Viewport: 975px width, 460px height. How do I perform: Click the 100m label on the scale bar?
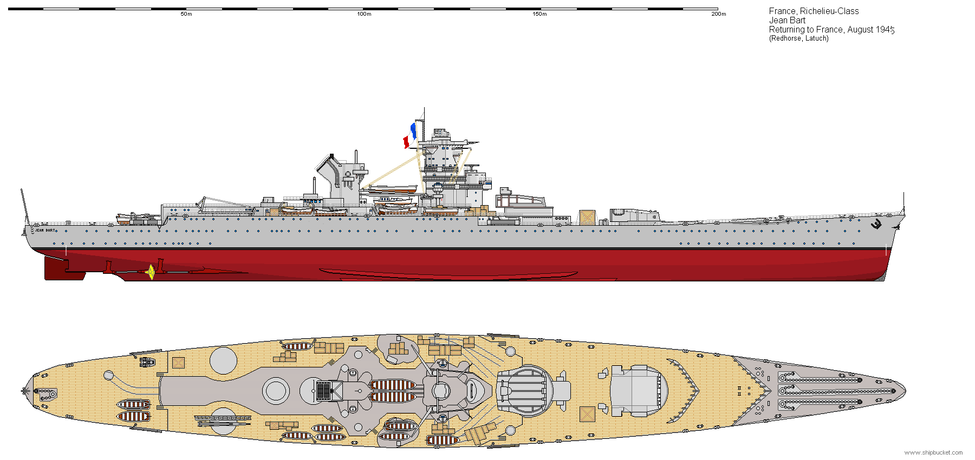click(x=364, y=14)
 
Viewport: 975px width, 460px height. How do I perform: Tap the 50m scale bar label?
click(x=186, y=14)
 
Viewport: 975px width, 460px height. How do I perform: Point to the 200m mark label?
click(x=719, y=14)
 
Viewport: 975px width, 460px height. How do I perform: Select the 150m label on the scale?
click(x=540, y=14)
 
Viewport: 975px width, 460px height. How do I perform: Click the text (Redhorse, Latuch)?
click(x=799, y=38)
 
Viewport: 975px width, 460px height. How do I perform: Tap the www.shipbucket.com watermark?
click(x=934, y=452)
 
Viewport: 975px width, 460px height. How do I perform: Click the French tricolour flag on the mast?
click(x=409, y=135)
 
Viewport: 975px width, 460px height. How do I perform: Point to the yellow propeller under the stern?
click(x=151, y=272)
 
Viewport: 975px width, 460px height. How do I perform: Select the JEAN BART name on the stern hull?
click(x=45, y=231)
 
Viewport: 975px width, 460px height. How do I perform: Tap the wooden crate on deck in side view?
click(x=587, y=217)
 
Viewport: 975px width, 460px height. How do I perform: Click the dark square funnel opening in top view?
click(x=323, y=390)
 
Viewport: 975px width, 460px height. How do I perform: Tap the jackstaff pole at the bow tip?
click(x=903, y=203)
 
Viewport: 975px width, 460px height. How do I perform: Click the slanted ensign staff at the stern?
click(x=24, y=206)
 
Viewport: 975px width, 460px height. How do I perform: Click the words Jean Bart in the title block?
click(x=788, y=21)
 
